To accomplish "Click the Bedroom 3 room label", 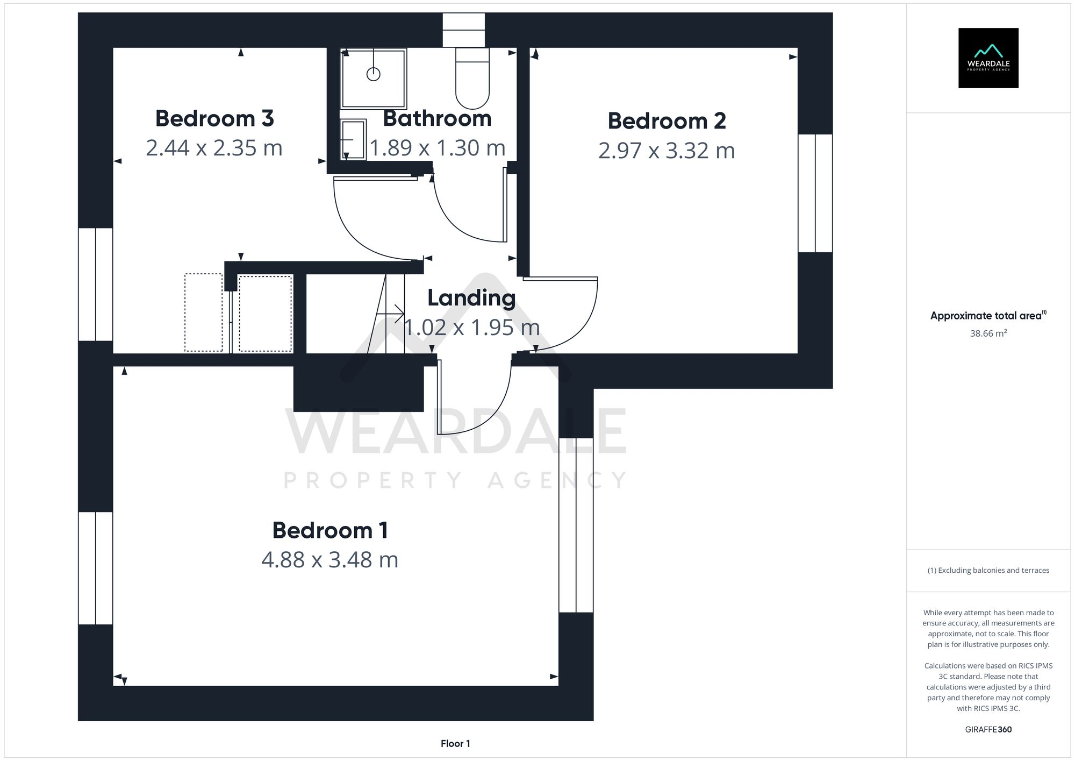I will coord(214,119).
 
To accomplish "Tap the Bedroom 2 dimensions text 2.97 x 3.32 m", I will coord(666,151).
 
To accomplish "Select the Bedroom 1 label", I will coord(330,531).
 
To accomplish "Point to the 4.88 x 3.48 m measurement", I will coord(330,560).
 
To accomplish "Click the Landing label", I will coord(471,298).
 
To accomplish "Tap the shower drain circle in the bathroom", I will coord(374,74).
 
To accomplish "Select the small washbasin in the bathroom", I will coord(353,139).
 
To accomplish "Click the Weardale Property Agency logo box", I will coord(988,58).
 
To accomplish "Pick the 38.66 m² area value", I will coord(988,333).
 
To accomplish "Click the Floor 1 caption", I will coord(455,744).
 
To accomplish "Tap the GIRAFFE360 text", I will coord(988,730).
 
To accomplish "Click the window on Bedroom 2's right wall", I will coord(815,193).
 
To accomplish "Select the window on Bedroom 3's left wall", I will coord(96,285).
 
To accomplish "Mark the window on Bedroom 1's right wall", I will coord(576,525).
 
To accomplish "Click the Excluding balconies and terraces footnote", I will coord(988,571).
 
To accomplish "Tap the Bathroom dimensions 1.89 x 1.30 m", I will coord(438,148).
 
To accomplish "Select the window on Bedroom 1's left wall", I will coord(96,568).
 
